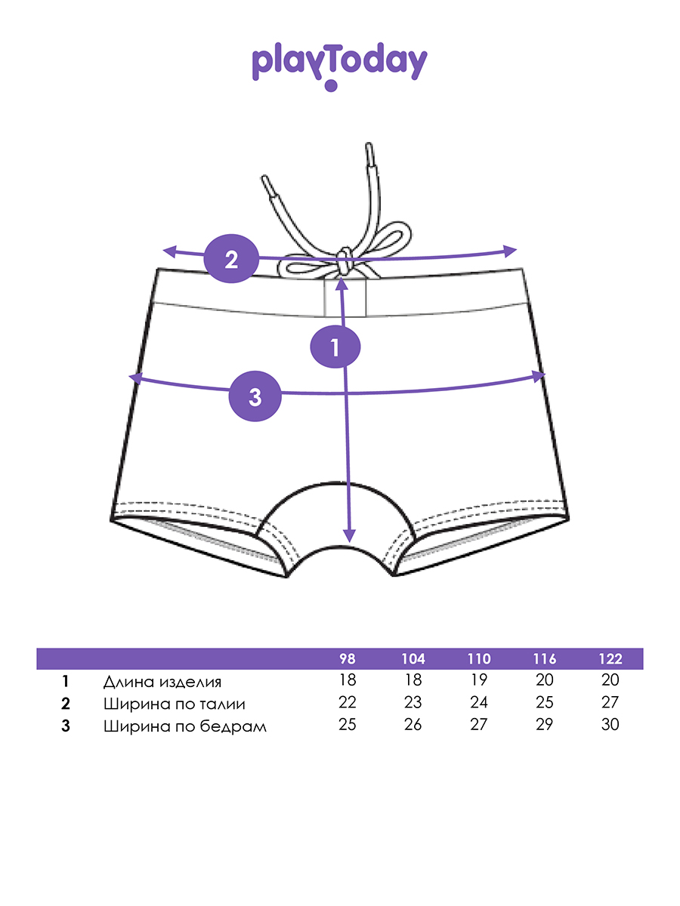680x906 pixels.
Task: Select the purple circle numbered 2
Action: click(231, 259)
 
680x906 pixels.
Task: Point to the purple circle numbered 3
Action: click(255, 396)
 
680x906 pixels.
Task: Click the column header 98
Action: click(347, 658)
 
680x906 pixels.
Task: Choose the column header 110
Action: click(479, 658)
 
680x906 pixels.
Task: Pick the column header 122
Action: click(610, 658)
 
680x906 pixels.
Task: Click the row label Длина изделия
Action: click(162, 682)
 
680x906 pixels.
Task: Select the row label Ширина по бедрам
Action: click(184, 726)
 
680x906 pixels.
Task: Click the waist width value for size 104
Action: click(413, 703)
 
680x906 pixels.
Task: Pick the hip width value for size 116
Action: click(544, 725)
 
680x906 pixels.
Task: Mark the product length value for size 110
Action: click(479, 681)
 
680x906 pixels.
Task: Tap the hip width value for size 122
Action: click(610, 725)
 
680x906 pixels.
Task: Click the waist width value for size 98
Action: click(347, 703)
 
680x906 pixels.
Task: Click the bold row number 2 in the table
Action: click(66, 704)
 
